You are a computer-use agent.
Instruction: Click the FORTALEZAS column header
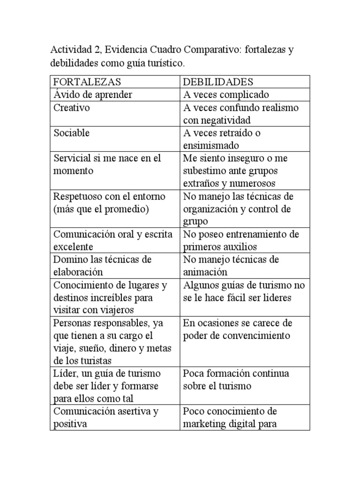point(88,82)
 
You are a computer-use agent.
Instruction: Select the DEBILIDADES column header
point(218,82)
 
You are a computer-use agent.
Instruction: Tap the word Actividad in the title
point(70,50)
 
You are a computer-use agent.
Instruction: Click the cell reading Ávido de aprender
point(93,95)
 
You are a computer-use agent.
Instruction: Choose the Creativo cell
point(72,107)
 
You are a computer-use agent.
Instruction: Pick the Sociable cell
point(72,133)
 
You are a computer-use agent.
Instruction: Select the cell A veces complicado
point(226,95)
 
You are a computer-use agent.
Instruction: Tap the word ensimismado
point(211,145)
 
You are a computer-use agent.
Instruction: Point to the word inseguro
point(249,158)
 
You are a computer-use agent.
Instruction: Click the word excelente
point(74,247)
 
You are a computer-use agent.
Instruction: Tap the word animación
point(205,272)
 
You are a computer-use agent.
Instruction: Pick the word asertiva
point(133,411)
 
